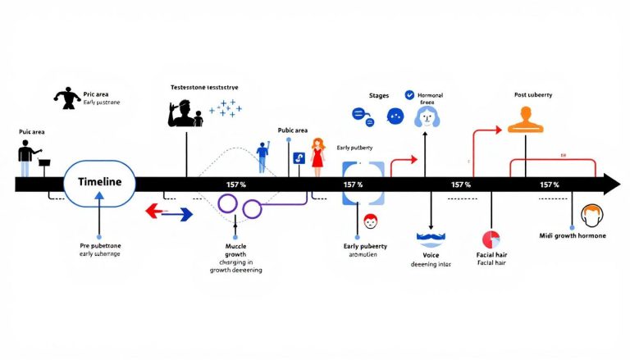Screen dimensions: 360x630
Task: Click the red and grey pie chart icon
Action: (491, 239)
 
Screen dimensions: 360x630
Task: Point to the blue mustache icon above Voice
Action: (430, 239)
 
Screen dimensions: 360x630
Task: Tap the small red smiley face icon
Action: (371, 221)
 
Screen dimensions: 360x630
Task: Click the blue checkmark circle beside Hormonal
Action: (410, 96)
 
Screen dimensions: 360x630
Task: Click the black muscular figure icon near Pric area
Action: (64, 98)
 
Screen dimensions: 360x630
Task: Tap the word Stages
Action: (379, 95)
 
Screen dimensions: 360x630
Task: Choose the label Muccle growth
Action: (235, 250)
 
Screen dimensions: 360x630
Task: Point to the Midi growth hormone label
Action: (573, 236)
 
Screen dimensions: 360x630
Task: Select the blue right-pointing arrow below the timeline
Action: (178, 214)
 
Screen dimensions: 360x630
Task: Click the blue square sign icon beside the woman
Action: (297, 159)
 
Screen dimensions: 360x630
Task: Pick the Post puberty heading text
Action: (532, 95)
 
